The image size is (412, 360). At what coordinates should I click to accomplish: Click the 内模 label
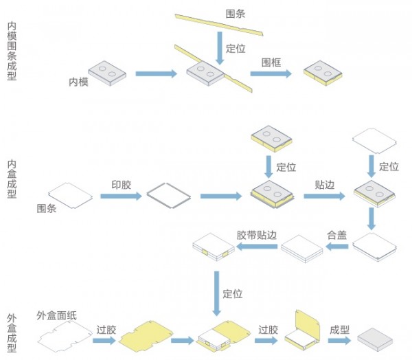[x=78, y=82]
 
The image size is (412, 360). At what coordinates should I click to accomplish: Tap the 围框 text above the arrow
[x=271, y=61]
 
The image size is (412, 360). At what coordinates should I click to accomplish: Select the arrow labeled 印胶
[x=120, y=196]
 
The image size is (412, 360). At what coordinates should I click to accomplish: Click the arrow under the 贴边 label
[x=324, y=196]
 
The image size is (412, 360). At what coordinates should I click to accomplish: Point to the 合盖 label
[x=336, y=234]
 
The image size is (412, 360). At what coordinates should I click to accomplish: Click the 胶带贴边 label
[x=257, y=234]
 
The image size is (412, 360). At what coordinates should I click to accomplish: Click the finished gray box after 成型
[x=375, y=336]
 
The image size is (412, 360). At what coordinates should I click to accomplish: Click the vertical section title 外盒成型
[x=12, y=333]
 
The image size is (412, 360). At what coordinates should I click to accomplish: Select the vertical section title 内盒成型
[x=12, y=178]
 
